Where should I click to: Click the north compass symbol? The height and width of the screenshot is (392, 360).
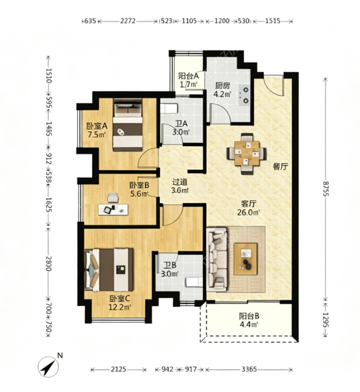pos(48,367)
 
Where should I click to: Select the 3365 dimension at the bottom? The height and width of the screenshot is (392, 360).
pos(249,369)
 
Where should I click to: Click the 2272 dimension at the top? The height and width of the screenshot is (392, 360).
pos(128,21)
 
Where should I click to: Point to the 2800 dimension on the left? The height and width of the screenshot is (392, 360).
pos(49,264)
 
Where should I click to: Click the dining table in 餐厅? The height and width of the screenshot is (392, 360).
pos(247,153)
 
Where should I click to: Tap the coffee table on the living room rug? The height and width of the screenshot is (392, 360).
pos(245,259)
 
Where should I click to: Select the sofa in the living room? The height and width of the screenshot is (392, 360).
pos(217,260)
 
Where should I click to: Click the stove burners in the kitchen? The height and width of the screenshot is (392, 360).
pos(245,95)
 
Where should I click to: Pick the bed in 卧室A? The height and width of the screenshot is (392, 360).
pos(128,125)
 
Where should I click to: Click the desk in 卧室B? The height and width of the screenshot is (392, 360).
pos(113,210)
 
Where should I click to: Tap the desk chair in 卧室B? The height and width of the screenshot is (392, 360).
pos(113,197)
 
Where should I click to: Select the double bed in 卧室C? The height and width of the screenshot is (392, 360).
pos(109,270)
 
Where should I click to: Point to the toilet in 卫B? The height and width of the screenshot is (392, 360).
pos(194,282)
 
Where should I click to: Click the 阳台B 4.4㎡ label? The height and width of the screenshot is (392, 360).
pos(248,320)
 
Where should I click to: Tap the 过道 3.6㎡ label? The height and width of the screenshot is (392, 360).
pos(179,186)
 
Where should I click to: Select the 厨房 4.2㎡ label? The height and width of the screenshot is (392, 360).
pos(223,90)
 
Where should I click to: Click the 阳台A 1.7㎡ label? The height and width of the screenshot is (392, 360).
pos(188,80)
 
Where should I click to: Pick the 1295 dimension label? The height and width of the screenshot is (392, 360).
pos(325,319)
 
